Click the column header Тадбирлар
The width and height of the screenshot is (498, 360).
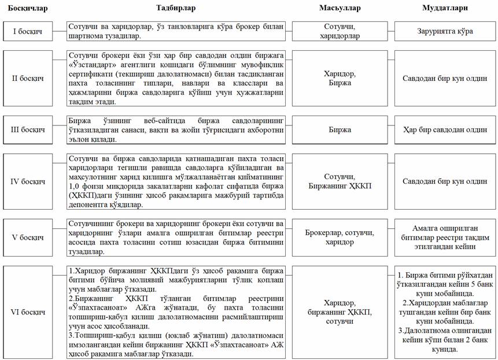176,8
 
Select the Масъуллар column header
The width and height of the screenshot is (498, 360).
340,8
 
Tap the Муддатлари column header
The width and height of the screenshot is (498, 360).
445,8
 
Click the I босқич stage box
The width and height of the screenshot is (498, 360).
27,31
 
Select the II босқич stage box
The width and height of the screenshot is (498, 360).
27,78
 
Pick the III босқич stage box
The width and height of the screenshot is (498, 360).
27,129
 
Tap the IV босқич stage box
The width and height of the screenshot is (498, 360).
27,181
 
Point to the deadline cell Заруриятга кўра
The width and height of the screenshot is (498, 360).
445,31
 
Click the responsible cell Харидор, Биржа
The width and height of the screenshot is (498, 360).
340,78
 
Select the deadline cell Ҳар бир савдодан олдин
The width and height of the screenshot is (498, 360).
445,129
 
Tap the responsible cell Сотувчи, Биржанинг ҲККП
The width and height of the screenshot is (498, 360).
340,181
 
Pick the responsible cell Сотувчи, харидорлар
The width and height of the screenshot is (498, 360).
340,31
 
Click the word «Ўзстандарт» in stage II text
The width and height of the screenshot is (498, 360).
89,65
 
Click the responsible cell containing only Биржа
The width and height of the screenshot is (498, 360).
340,129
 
